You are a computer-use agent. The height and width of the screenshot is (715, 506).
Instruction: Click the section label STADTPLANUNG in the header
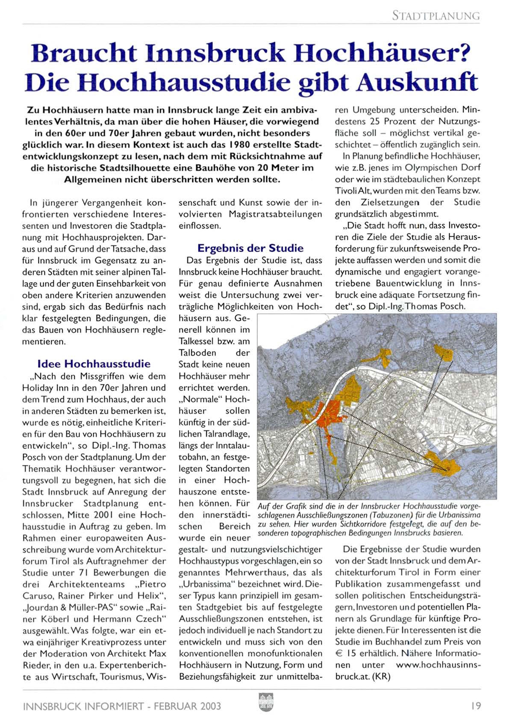(435, 16)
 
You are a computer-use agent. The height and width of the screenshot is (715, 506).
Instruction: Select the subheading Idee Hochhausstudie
(94, 364)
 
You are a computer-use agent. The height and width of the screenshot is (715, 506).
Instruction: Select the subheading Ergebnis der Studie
(250, 248)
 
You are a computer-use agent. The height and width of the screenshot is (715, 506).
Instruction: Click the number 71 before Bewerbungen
(83, 573)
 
